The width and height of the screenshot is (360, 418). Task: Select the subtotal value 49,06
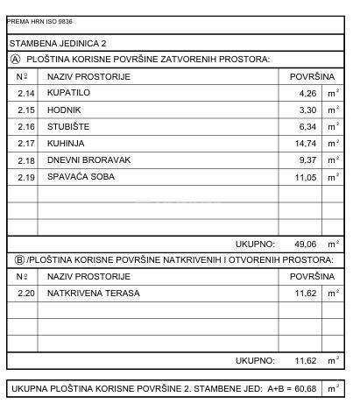point(304,244)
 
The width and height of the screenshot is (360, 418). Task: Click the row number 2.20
point(25,294)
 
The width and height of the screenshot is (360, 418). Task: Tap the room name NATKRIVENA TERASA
point(93,294)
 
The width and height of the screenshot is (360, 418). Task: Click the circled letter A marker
point(15,60)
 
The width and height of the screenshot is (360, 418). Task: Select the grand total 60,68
point(305,387)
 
